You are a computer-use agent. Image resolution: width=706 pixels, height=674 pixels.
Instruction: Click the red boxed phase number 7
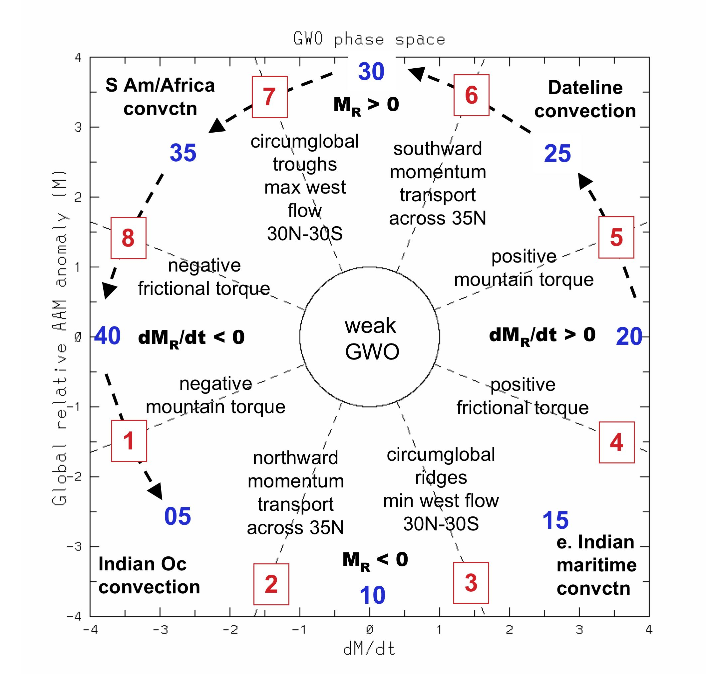[269, 97]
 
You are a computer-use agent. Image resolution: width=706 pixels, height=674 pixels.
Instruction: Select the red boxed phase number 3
[471, 583]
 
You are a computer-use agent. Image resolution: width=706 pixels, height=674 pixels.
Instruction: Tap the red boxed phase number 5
[616, 237]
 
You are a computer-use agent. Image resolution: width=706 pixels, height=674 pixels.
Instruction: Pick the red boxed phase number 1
[129, 441]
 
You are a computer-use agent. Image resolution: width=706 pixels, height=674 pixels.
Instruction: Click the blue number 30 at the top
[371, 72]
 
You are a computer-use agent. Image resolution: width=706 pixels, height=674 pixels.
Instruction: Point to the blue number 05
[177, 516]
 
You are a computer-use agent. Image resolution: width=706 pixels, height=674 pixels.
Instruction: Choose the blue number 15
[555, 520]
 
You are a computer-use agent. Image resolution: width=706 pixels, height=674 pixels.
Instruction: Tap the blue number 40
[107, 336]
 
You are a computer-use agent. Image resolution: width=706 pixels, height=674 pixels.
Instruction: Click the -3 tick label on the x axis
[160, 630]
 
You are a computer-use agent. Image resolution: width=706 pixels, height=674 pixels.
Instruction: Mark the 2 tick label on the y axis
[78, 197]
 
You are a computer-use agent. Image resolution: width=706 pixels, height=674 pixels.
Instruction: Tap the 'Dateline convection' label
[585, 99]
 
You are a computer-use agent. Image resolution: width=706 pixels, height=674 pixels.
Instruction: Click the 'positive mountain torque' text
[524, 268]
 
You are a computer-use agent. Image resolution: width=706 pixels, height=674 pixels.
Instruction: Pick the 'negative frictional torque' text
[204, 277]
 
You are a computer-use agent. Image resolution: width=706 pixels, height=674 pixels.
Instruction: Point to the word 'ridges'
[441, 477]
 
